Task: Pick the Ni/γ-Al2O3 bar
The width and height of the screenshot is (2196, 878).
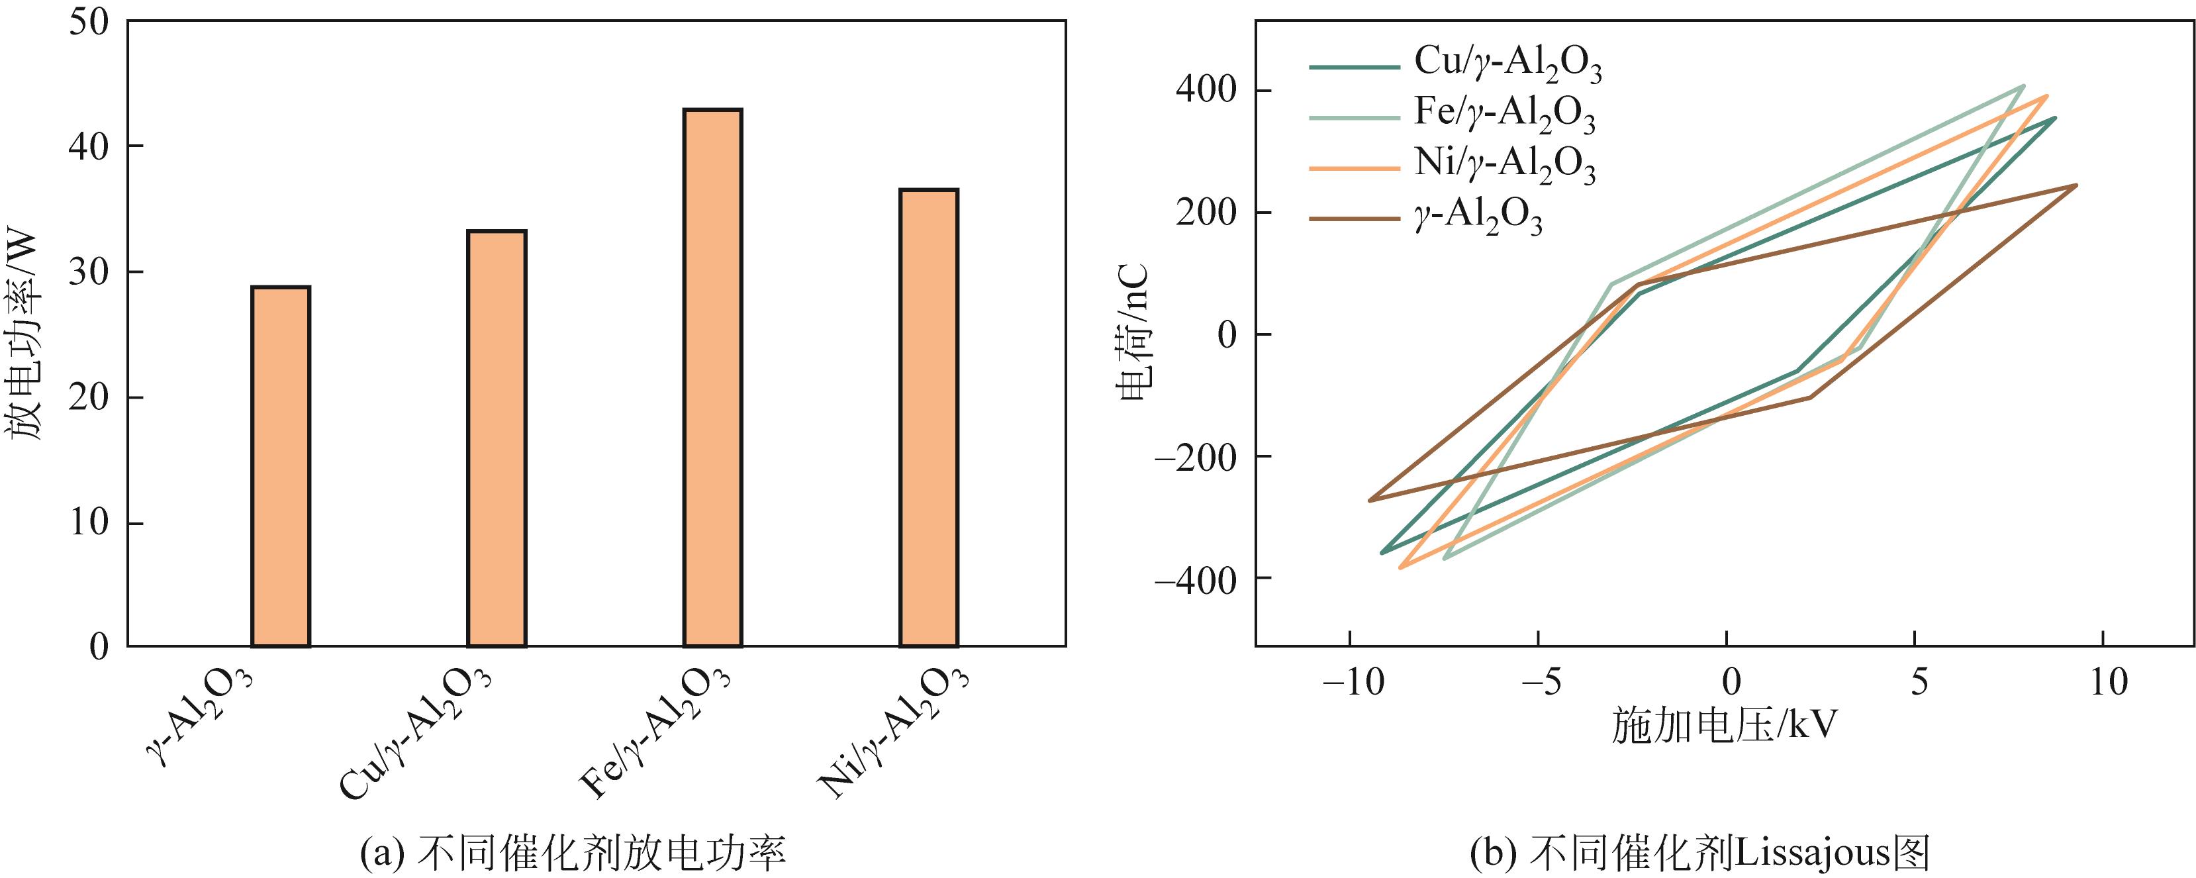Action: (x=930, y=417)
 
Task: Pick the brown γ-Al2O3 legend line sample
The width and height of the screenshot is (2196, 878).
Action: (x=1355, y=219)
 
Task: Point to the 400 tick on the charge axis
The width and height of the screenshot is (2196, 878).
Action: (x=1206, y=90)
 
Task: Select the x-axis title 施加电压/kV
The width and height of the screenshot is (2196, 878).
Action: (x=1724, y=726)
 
